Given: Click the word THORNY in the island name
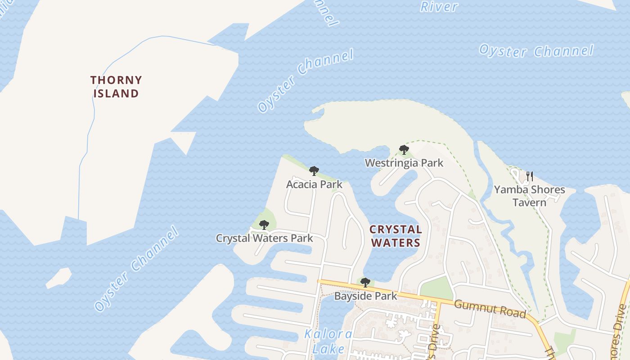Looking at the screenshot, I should [116, 81].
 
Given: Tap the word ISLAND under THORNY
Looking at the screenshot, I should [116, 94].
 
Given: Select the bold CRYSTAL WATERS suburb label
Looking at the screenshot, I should [395, 236].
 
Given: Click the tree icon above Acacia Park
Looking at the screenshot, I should [314, 171].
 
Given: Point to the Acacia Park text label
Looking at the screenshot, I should [314, 184].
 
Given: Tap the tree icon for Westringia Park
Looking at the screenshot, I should [404, 150].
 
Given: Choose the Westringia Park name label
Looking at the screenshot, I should [404, 163].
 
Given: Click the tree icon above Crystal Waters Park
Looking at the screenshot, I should [264, 225].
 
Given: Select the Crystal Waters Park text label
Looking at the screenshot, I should [264, 238].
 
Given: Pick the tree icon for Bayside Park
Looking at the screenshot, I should [365, 283].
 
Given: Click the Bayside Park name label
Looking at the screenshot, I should [365, 296].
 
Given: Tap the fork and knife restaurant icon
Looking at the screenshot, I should [530, 176].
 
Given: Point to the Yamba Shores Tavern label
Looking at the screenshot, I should [530, 196].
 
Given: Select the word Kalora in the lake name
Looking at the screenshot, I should [328, 334].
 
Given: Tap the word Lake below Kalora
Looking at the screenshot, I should [328, 349].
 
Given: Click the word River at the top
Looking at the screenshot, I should [439, 7].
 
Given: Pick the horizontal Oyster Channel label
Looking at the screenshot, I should [536, 50].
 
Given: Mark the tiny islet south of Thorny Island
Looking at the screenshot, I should [58, 277].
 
